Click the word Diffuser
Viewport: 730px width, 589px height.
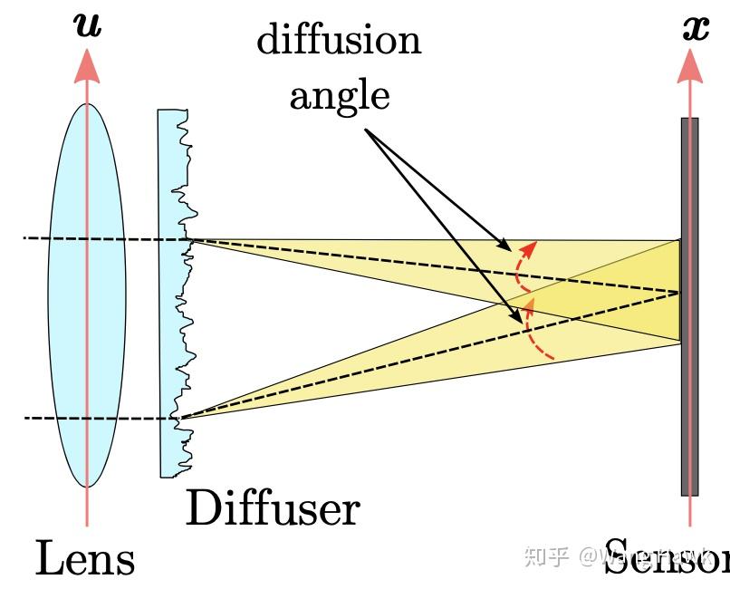[x=272, y=508]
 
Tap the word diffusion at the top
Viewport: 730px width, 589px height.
[x=339, y=41]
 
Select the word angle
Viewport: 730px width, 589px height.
[x=340, y=94]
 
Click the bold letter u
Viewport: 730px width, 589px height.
[x=88, y=24]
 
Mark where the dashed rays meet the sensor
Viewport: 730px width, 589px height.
[x=679, y=292]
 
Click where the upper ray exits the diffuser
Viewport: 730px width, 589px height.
[x=189, y=239]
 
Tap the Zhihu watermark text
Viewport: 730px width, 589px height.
[x=552, y=555]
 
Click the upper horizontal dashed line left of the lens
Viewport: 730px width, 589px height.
[x=36, y=238]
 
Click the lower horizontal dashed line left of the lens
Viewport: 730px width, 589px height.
[x=36, y=419]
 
